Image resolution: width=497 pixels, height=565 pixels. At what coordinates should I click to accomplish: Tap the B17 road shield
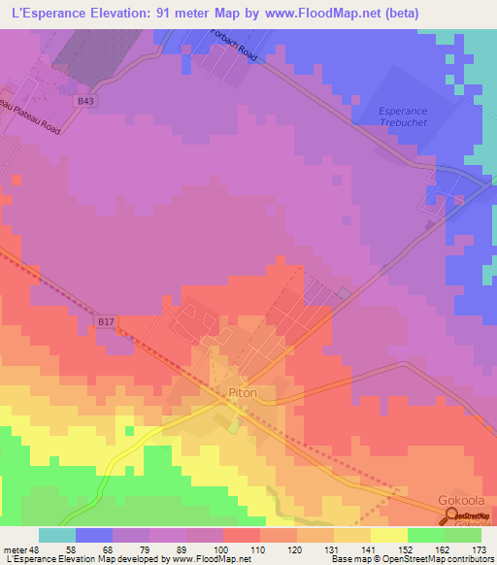[107, 319]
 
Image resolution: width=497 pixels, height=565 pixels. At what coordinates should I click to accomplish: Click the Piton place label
[242, 393]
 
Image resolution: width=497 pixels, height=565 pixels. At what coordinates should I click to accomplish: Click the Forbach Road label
[233, 45]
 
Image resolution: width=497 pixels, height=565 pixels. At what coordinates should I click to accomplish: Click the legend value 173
[478, 548]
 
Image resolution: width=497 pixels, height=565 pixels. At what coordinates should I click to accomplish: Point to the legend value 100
[222, 548]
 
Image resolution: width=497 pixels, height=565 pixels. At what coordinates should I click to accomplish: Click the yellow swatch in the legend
[388, 535]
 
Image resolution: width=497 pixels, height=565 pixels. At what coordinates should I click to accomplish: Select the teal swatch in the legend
[57, 535]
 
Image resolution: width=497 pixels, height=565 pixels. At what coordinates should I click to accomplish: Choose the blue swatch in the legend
[94, 535]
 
